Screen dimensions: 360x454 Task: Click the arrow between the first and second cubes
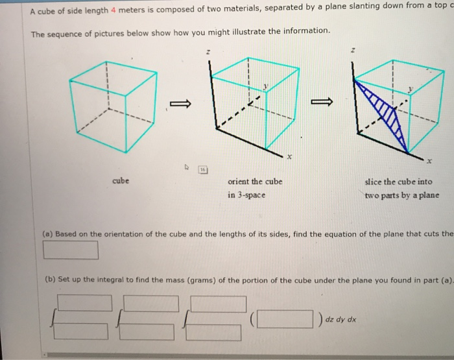(x=180, y=103)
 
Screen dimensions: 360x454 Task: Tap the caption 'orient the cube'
(x=256, y=182)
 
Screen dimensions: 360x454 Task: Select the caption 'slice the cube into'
(x=398, y=182)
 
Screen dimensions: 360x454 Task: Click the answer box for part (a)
(x=71, y=249)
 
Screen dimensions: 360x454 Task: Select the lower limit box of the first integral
(x=80, y=331)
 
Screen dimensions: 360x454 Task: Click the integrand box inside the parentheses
(x=281, y=320)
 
